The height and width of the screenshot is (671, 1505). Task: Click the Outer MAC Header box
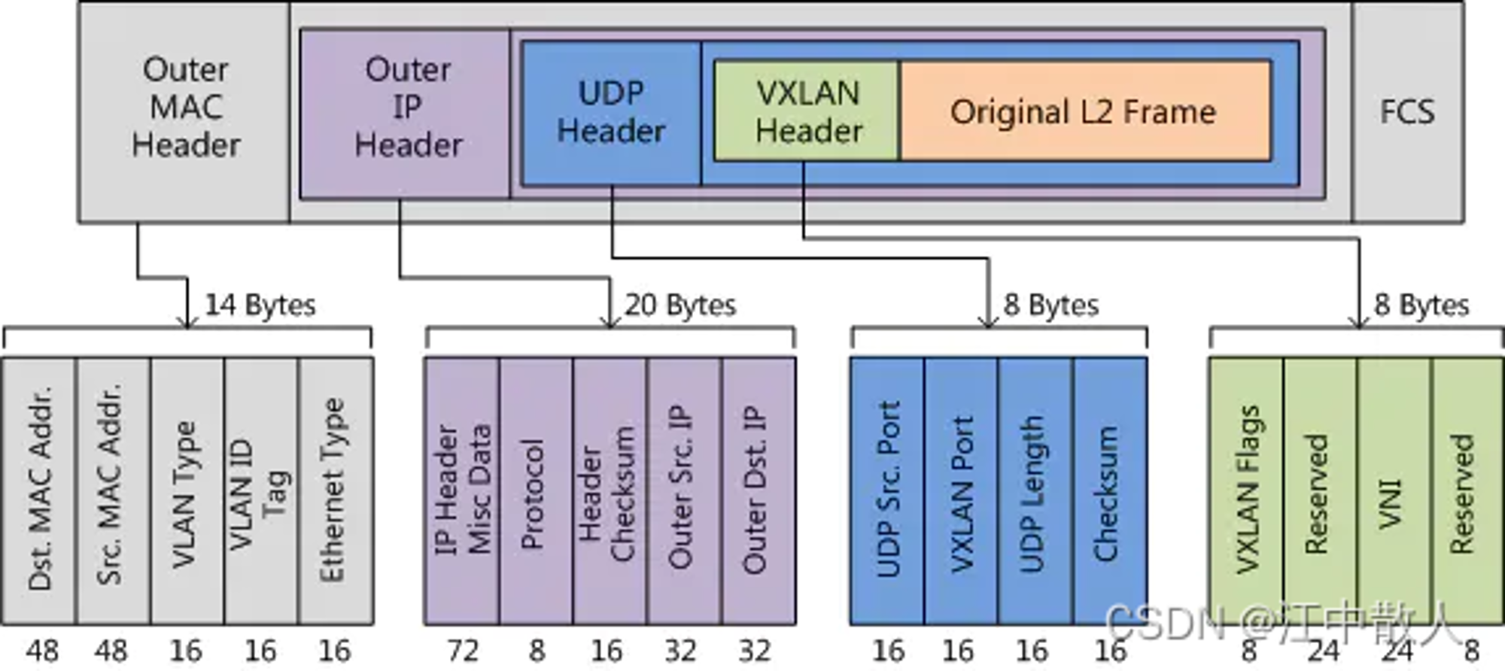tap(184, 112)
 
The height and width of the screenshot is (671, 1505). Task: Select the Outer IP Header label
tap(408, 108)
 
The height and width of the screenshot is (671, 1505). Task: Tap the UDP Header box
tap(611, 113)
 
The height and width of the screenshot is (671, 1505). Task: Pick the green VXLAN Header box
tap(807, 111)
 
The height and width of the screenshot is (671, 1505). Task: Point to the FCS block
tap(1407, 112)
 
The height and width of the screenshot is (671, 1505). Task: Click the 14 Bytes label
tap(260, 305)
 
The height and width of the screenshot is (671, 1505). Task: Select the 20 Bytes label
tap(680, 305)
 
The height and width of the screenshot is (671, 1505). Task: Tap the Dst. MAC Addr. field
tap(39, 490)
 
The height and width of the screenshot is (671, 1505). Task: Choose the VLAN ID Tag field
tap(261, 490)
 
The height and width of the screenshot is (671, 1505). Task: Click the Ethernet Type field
tap(336, 490)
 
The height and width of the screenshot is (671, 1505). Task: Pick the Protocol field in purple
tap(536, 490)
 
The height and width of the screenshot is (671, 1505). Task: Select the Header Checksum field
tap(610, 490)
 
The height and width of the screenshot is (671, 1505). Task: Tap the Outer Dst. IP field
tap(759, 490)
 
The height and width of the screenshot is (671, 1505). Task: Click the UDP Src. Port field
tap(887, 490)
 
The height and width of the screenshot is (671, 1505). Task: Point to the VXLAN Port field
tap(962, 490)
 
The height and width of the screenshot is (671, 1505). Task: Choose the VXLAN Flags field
tap(1246, 490)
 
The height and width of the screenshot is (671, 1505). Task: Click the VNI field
tap(1394, 490)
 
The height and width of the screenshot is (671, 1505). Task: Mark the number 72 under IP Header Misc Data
tap(462, 651)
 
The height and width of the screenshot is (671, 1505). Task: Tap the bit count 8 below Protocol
tap(537, 651)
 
